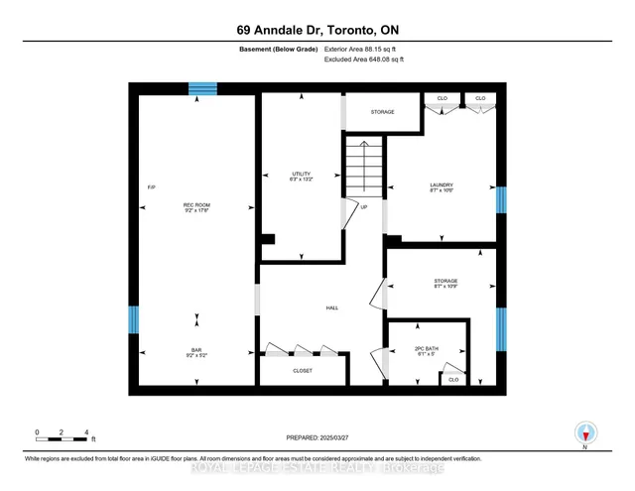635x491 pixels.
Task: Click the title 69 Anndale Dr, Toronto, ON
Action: (x=317, y=29)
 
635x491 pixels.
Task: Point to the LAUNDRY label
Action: (x=442, y=186)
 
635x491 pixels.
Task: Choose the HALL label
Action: (x=332, y=308)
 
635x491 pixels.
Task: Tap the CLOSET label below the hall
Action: (x=303, y=371)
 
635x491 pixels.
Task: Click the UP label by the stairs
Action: (x=364, y=207)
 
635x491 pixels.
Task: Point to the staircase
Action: (x=363, y=168)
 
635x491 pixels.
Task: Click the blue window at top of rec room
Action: (x=202, y=89)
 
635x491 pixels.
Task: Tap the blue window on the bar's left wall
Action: (x=133, y=321)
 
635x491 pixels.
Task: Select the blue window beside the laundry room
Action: (x=501, y=200)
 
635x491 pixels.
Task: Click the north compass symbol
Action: (x=586, y=432)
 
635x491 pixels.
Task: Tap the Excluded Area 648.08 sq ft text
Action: (x=364, y=60)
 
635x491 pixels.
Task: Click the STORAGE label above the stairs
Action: (x=383, y=112)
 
